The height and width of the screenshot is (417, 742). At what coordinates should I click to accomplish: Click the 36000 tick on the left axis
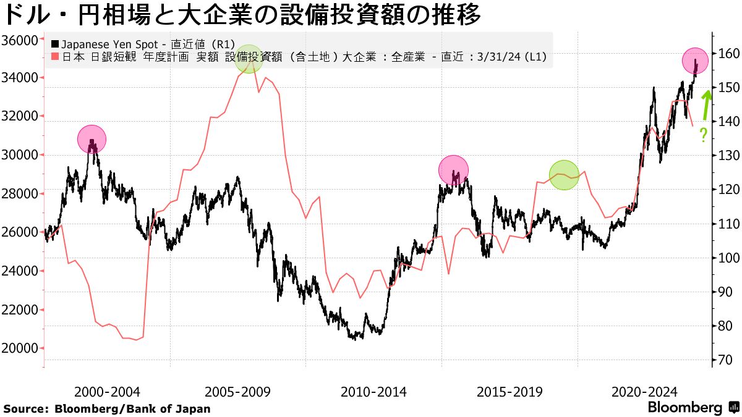click(21, 40)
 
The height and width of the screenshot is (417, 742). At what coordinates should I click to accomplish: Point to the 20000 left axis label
click(21, 348)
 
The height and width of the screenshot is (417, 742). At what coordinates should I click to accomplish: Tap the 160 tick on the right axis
click(724, 54)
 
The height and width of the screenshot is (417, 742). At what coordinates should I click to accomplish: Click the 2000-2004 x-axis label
click(106, 392)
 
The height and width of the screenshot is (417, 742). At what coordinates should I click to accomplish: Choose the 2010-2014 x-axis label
click(373, 392)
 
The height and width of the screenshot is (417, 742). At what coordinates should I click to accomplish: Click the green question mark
click(704, 135)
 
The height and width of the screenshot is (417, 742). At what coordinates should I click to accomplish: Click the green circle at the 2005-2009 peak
click(249, 59)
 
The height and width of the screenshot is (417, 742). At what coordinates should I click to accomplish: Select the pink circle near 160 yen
click(696, 61)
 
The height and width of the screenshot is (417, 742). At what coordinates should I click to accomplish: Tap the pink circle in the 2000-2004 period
click(92, 139)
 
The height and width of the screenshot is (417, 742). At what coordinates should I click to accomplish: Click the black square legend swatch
click(54, 44)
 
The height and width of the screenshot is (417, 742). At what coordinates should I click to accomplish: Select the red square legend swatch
click(54, 58)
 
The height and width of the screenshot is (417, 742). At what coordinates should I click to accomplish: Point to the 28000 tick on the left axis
click(21, 193)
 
